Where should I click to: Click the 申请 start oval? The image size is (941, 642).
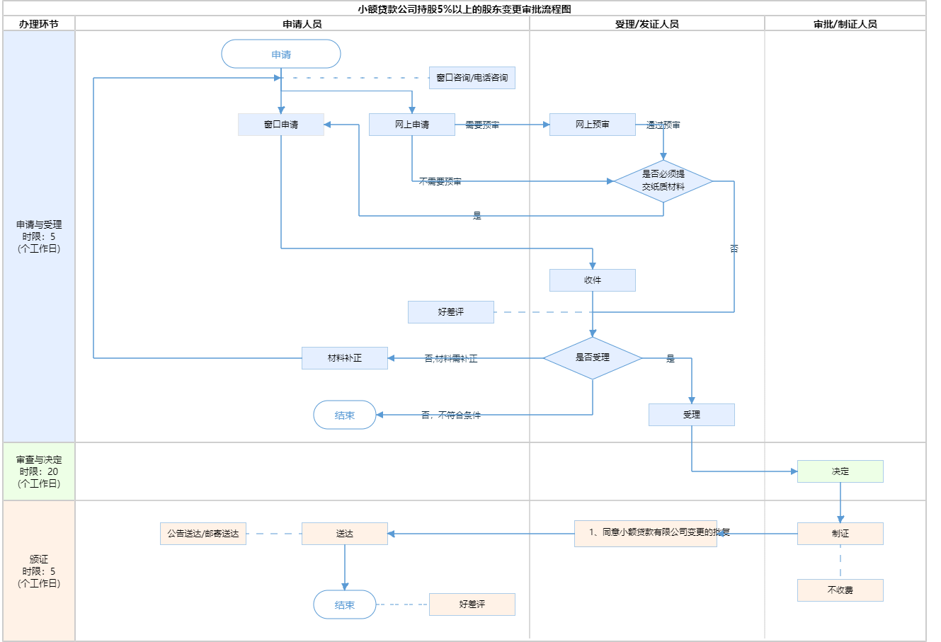[x=281, y=55]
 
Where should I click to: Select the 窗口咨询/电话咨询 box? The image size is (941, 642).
[x=472, y=78]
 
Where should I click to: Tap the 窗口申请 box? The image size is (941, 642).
[x=281, y=125]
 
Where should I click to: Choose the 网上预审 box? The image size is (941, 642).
[x=592, y=125]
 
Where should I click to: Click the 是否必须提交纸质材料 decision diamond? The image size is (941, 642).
[x=663, y=180]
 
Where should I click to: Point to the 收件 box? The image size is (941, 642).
[x=592, y=280]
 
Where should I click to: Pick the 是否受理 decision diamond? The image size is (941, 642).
[x=592, y=358]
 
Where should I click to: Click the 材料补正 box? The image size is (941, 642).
[x=344, y=358]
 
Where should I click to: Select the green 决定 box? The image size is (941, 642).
[x=840, y=471]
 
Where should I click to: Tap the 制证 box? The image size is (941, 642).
[x=840, y=534]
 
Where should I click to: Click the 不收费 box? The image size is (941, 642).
[x=840, y=590]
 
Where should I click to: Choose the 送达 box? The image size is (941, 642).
[x=344, y=534]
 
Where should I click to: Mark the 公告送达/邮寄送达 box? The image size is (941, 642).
[x=203, y=534]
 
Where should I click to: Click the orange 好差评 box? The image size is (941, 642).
[x=472, y=604]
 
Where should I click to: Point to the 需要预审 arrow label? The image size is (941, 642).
[x=482, y=125]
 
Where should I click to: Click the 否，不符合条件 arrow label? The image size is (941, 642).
[x=451, y=415]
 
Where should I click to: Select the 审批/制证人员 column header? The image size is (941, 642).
[x=845, y=24]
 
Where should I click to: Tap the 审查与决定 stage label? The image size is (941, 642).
[x=39, y=471]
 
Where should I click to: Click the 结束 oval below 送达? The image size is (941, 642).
[x=344, y=605]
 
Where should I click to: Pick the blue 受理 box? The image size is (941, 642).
[x=691, y=415]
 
